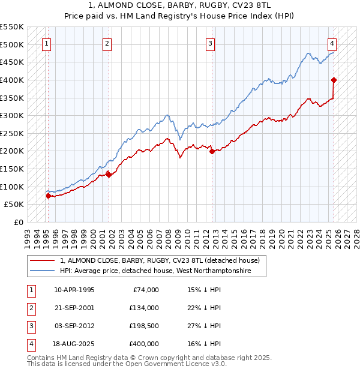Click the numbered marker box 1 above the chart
click(x=47, y=43)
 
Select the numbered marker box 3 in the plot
click(x=211, y=43)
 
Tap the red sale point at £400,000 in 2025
click(x=334, y=80)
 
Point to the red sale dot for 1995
click(x=48, y=196)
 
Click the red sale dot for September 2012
click(x=212, y=152)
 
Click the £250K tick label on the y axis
click(x=12, y=133)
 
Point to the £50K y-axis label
click(x=14, y=205)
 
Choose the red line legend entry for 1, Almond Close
click(x=159, y=261)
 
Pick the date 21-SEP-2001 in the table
click(x=74, y=308)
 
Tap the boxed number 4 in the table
click(x=30, y=344)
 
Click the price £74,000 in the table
click(x=145, y=290)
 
